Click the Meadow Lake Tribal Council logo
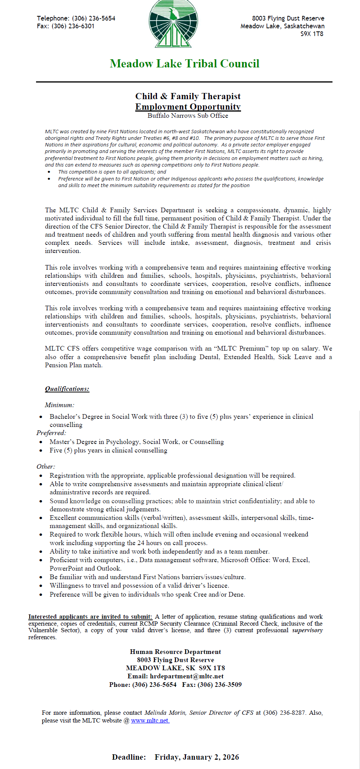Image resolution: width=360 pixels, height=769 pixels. (173, 24)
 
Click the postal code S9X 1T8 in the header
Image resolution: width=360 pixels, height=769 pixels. (312, 34)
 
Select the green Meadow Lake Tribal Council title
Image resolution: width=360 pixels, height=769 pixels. (184, 64)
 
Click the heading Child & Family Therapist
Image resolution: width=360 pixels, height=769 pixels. (188, 96)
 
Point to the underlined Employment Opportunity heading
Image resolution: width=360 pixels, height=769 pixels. (188, 107)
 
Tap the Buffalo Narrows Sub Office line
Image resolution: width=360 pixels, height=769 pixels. (188, 115)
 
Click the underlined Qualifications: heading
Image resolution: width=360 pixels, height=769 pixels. (67, 389)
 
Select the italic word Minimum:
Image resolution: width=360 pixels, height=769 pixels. (59, 405)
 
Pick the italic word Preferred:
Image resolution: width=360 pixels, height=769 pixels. (51, 433)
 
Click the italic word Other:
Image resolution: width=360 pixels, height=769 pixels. (46, 467)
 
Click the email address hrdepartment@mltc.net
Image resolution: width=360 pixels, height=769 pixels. (187, 676)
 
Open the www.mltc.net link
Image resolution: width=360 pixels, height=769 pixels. (150, 721)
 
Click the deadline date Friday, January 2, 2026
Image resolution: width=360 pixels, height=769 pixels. (197, 757)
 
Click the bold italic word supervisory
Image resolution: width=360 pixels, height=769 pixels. (307, 630)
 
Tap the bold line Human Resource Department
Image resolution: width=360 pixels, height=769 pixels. (176, 652)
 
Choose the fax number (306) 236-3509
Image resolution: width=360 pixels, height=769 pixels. (220, 685)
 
